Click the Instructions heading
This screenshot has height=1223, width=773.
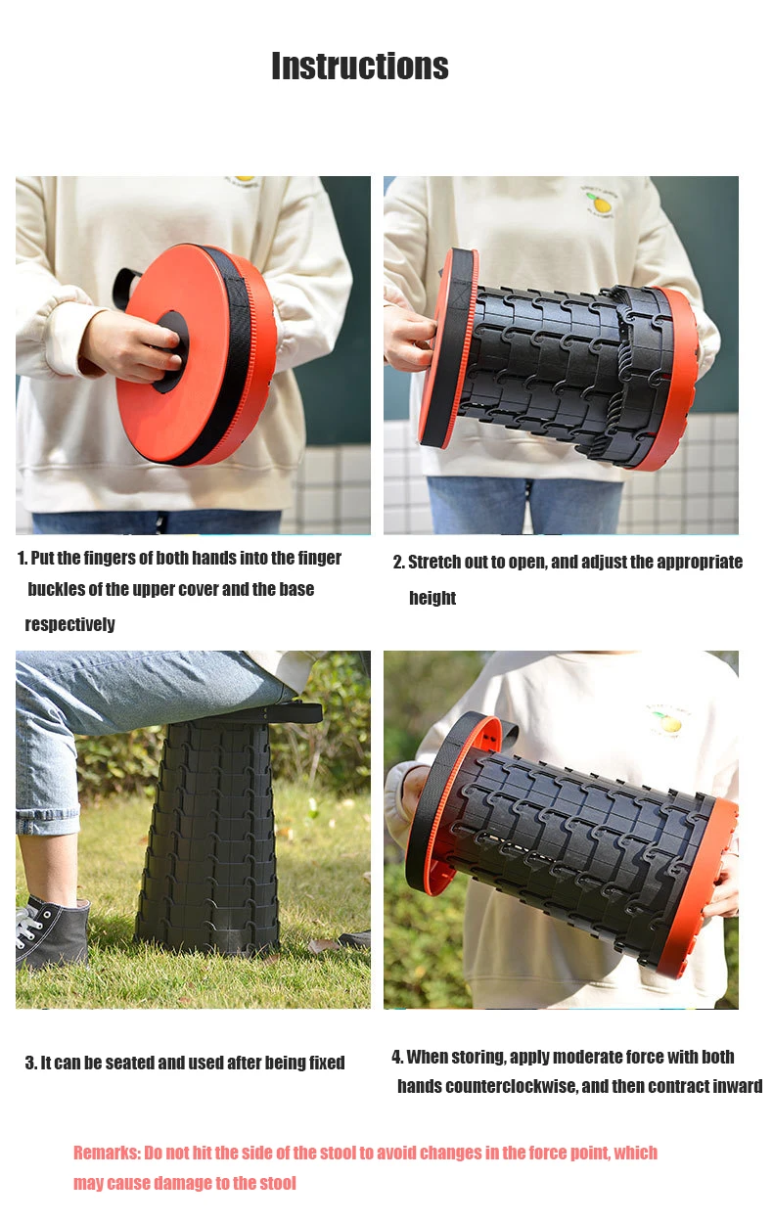tap(360, 67)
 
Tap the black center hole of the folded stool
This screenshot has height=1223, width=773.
tap(170, 352)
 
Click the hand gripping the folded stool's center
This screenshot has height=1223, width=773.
tap(131, 345)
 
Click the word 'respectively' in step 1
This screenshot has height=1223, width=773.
tap(69, 624)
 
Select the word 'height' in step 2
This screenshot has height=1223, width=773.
tap(432, 598)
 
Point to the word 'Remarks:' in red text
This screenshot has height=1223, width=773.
tap(107, 1153)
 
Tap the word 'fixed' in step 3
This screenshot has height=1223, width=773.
tap(327, 1063)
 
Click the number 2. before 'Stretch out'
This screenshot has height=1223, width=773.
tap(398, 562)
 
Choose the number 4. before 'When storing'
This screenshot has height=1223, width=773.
tap(397, 1057)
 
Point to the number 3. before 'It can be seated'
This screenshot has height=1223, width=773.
tap(30, 1063)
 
